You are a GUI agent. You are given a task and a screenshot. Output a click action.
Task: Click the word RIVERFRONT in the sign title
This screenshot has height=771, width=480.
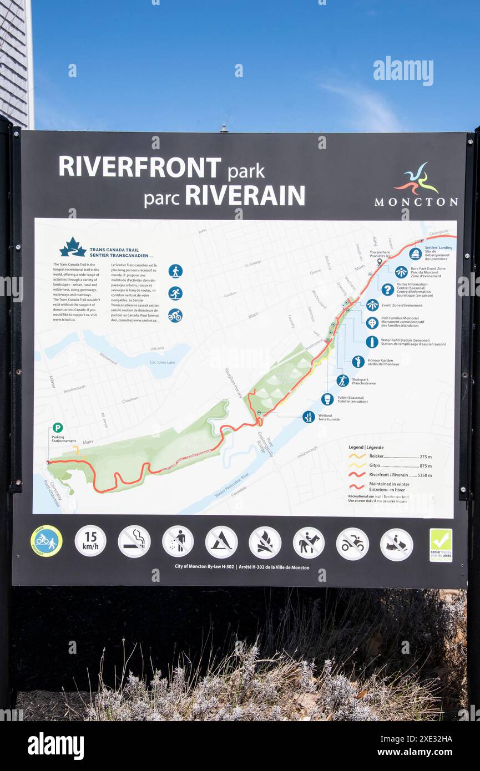click(x=140, y=167)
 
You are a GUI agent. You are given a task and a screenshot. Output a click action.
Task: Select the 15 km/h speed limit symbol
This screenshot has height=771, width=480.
click(x=90, y=541)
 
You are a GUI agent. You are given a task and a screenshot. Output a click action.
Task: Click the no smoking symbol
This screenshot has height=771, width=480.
click(x=134, y=541)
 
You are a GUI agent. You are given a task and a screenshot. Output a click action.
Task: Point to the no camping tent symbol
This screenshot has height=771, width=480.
click(x=221, y=542)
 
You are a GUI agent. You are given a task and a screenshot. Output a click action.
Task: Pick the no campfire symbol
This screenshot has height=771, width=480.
click(x=265, y=542)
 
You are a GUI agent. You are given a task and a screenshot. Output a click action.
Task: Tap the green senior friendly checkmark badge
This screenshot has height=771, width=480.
click(x=441, y=545)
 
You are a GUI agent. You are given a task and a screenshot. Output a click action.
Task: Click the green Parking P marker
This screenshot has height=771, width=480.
click(x=58, y=428)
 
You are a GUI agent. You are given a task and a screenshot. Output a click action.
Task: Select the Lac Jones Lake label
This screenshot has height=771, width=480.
click(x=162, y=362)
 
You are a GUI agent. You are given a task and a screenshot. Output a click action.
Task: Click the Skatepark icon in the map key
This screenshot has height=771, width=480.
click(x=342, y=381)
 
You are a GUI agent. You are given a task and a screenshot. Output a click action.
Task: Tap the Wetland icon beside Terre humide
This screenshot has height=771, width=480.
click(x=309, y=417)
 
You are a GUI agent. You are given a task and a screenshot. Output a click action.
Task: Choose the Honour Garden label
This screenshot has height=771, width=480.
click(x=380, y=361)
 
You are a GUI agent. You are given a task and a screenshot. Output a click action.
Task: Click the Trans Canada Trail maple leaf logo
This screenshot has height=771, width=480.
click(x=73, y=247)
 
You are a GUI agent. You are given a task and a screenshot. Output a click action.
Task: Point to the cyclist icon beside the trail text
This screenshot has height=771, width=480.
click(x=175, y=315)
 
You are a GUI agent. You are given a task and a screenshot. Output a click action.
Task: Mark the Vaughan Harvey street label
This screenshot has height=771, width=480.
click(x=234, y=383)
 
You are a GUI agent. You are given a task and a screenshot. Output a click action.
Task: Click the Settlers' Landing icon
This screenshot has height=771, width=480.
click(x=415, y=253)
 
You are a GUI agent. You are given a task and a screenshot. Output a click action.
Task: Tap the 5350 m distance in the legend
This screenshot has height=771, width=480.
click(x=425, y=475)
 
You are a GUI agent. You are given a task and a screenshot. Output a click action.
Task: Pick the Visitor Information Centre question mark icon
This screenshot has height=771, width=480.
click(x=387, y=289)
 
